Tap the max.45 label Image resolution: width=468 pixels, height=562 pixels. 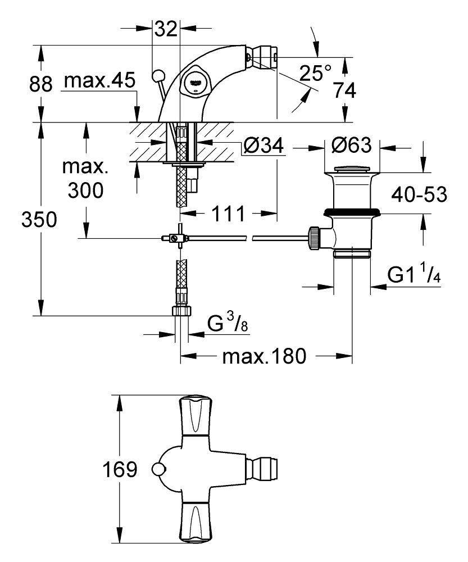point(99,81)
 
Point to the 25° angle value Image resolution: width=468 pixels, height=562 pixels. point(315,73)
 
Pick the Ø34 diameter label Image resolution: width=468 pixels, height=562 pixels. point(263,147)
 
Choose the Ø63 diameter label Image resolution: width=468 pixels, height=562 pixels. point(352,146)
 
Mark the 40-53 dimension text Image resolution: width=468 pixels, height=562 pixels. point(420,195)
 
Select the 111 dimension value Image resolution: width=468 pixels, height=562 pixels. point(228,214)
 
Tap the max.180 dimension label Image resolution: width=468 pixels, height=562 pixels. point(263,356)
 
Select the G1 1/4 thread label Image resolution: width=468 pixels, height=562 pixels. point(413,276)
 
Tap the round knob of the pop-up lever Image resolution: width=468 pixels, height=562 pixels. point(158,75)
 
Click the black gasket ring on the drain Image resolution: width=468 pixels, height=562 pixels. point(352,212)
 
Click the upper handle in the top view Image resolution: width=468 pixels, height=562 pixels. point(194,416)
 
